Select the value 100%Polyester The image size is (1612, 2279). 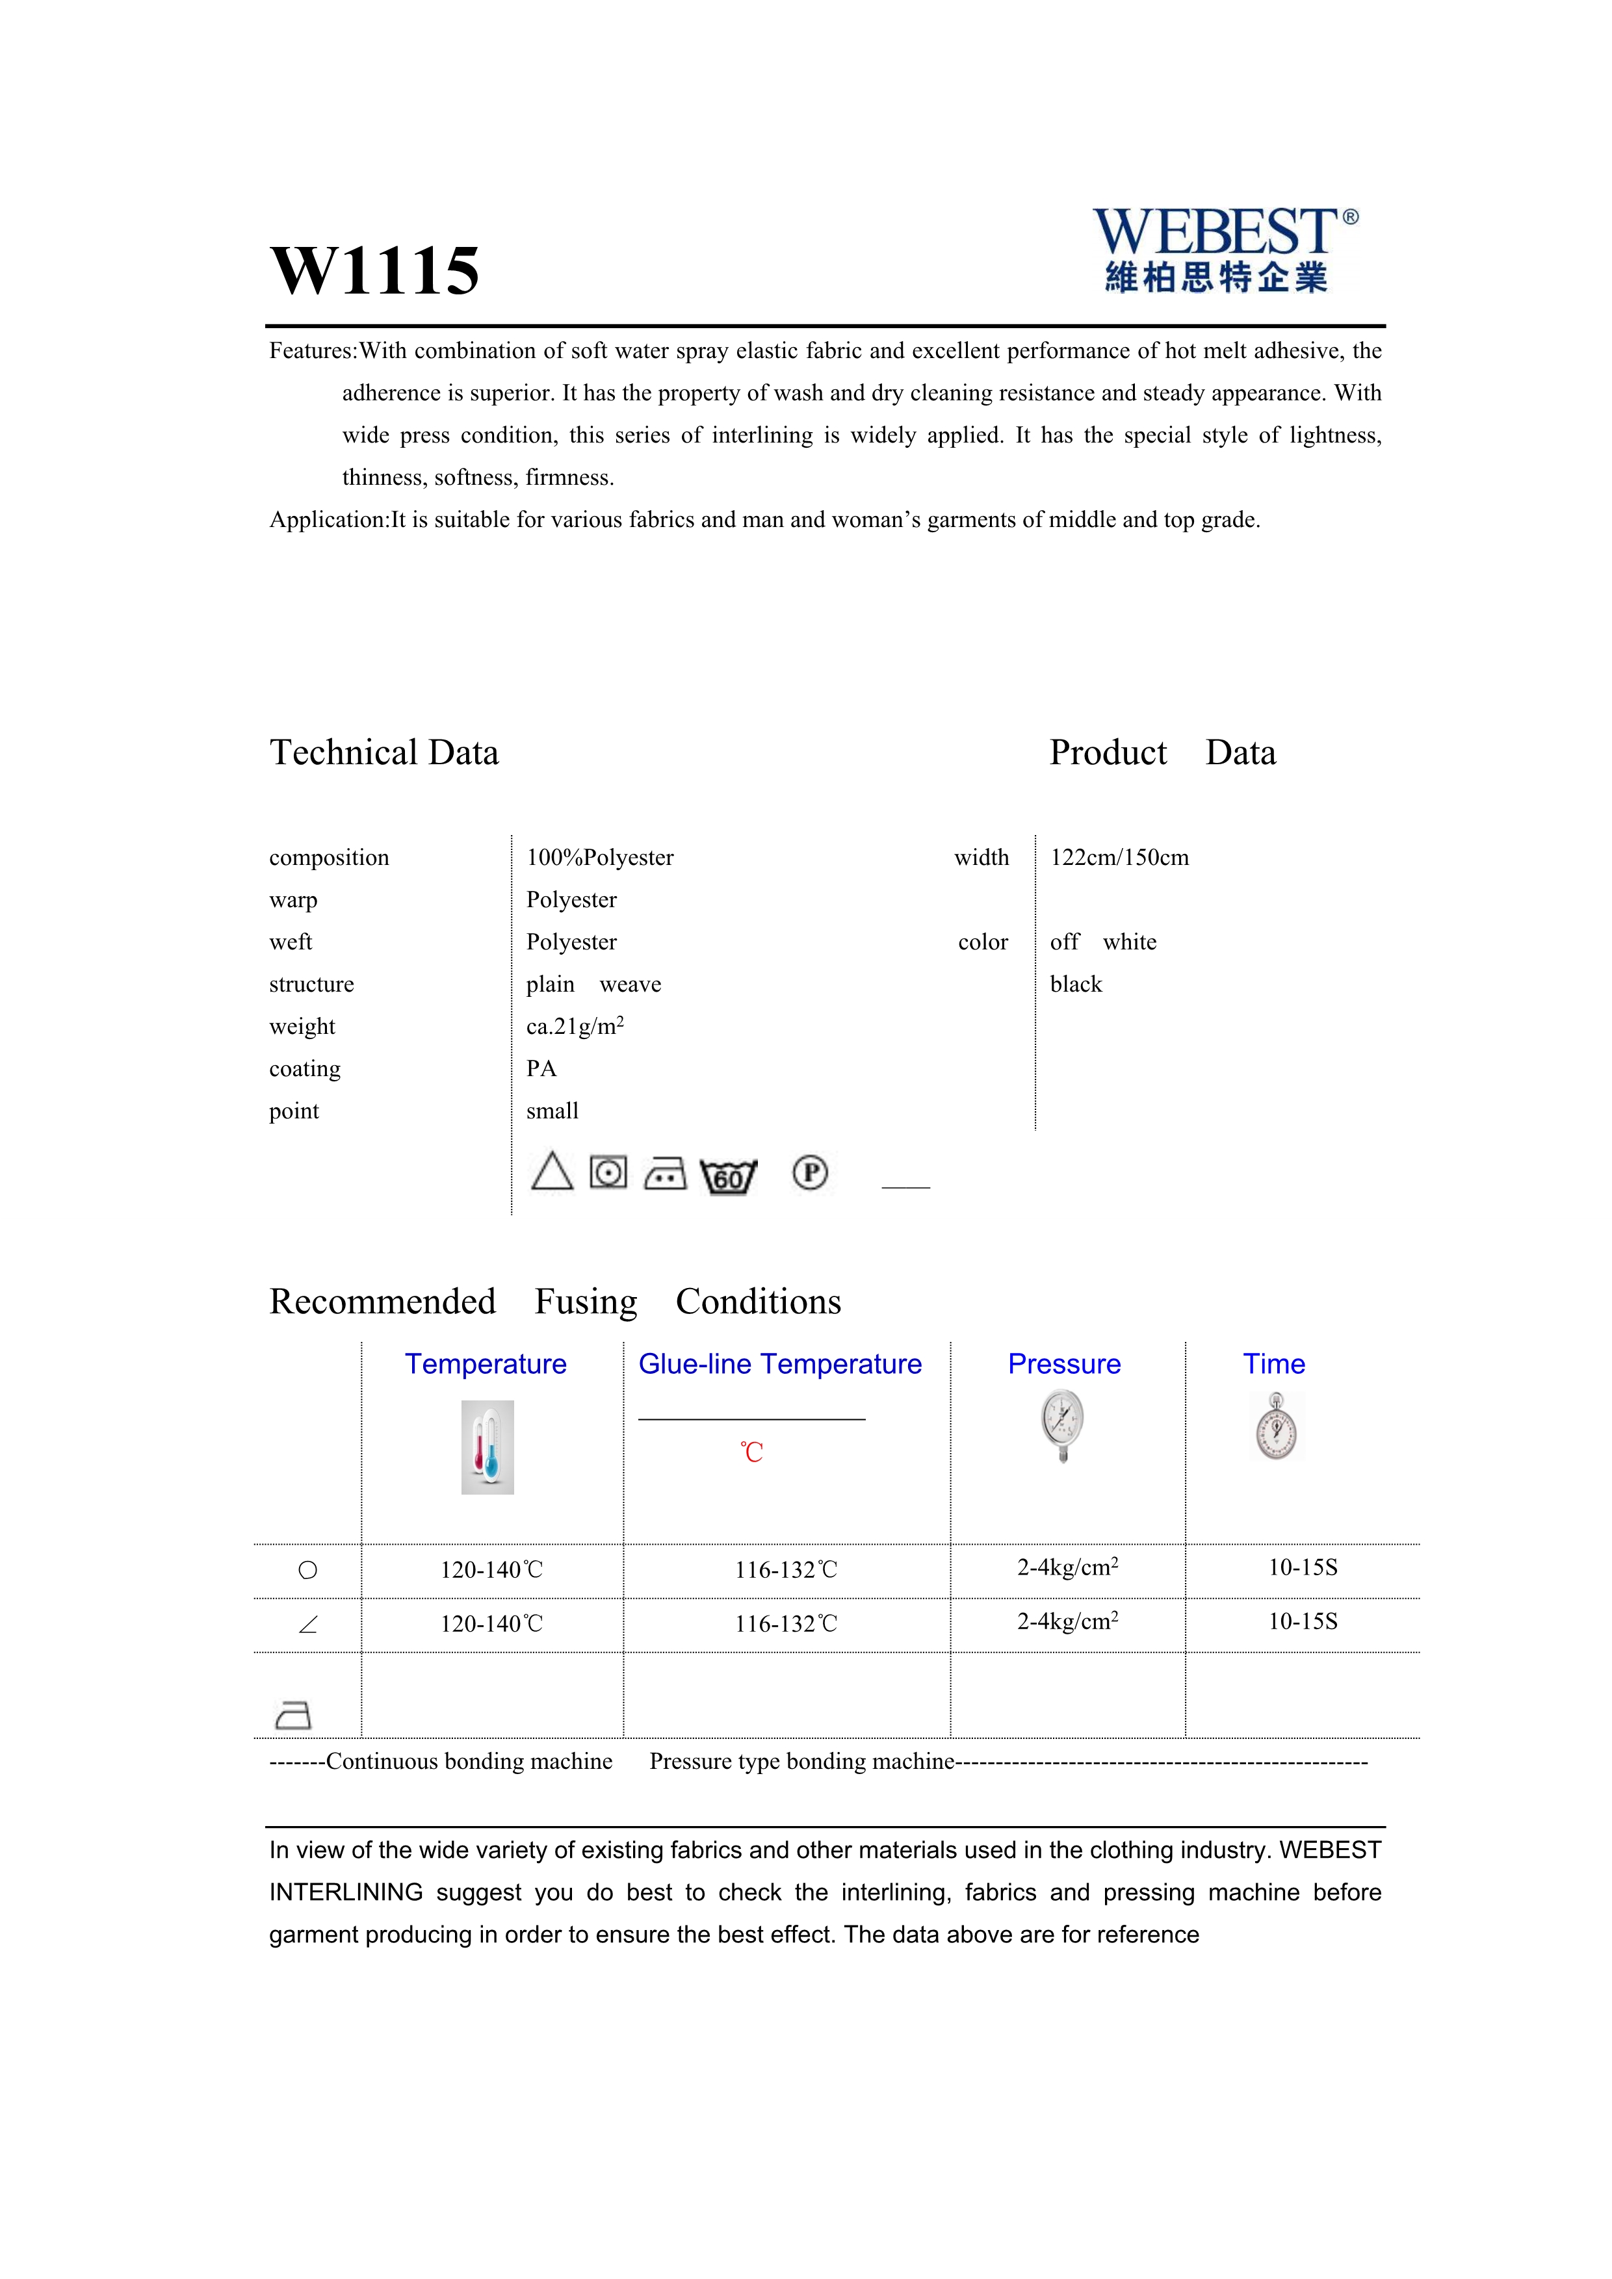pyautogui.click(x=599, y=858)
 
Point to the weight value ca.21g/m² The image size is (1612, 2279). pyautogui.click(x=575, y=1026)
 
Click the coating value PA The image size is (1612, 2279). pyautogui.click(x=541, y=1069)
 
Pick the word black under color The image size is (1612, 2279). pyautogui.click(x=1076, y=985)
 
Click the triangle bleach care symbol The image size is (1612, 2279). pyautogui.click(x=552, y=1172)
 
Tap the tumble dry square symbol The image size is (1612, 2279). pyautogui.click(x=608, y=1172)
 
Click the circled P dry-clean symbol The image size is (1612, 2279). pyautogui.click(x=810, y=1173)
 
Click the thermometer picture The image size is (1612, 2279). pyautogui.click(x=487, y=1447)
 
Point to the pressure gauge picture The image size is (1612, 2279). pyautogui.click(x=1063, y=1425)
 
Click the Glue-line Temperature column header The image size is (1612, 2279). pyautogui.click(x=779, y=1364)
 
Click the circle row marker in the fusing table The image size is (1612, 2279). pyautogui.click(x=307, y=1570)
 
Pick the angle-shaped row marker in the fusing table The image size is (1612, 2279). pyautogui.click(x=307, y=1625)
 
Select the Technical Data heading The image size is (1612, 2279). pyautogui.click(x=384, y=753)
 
